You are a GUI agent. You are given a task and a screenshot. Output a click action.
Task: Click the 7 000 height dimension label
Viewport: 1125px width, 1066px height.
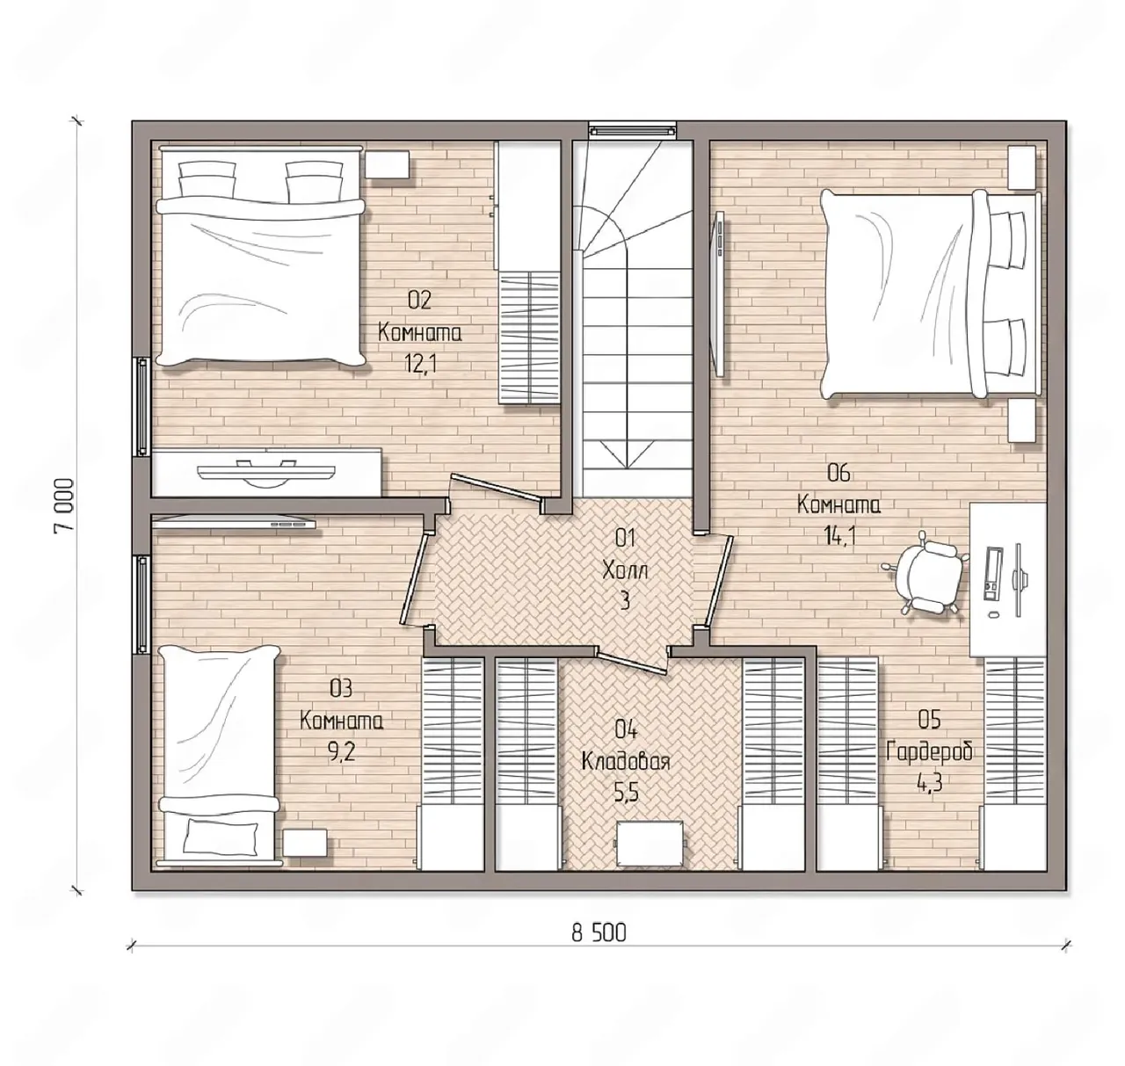point(63,506)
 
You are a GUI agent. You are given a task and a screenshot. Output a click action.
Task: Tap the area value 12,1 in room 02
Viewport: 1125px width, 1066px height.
point(420,363)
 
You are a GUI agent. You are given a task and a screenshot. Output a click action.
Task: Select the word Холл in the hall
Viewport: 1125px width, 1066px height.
point(625,569)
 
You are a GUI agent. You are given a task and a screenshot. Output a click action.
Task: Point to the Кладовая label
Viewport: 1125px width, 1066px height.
point(626,762)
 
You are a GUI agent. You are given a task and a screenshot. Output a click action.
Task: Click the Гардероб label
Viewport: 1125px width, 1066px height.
point(929,751)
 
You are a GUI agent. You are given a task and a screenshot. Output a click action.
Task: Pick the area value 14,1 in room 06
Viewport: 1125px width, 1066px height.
point(839,535)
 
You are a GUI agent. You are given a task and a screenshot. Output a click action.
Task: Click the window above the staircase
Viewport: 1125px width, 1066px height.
point(632,130)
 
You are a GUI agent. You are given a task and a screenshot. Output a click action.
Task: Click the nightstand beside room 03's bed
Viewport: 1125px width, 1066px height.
point(306,842)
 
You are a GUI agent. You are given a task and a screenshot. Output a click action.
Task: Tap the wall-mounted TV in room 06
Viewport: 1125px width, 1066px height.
point(719,293)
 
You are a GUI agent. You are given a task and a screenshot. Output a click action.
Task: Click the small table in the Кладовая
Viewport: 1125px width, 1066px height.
point(650,843)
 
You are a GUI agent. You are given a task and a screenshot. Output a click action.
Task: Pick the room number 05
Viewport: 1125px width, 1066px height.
point(929,720)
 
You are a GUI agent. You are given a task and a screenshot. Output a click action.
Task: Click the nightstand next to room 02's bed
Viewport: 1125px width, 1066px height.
point(388,164)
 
